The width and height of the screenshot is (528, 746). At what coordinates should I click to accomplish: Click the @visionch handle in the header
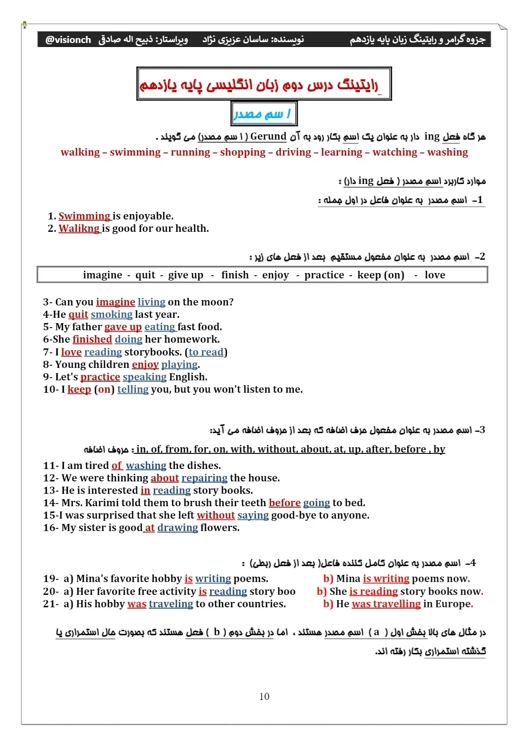click(x=68, y=40)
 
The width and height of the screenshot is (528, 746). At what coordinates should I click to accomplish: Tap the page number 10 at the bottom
click(x=264, y=696)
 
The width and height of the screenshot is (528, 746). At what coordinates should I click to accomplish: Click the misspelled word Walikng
click(x=79, y=228)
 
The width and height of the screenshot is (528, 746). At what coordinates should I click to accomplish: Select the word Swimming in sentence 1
click(x=84, y=216)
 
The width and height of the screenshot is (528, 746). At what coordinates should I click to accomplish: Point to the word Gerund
click(x=268, y=137)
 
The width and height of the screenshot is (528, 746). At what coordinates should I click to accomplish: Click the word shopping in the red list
click(x=243, y=152)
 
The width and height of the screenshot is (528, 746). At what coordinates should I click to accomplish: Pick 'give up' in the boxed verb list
click(x=185, y=275)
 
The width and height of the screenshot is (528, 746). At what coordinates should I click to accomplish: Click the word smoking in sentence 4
click(x=111, y=314)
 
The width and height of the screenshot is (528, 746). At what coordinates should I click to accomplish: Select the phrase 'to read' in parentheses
click(x=206, y=352)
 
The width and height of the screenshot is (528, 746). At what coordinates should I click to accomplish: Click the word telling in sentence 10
click(x=133, y=389)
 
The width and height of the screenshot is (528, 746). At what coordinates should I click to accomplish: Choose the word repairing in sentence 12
click(x=204, y=478)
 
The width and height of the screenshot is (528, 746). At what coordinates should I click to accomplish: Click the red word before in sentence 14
click(x=284, y=503)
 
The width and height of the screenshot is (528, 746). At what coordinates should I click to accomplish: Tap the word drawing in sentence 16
click(x=177, y=527)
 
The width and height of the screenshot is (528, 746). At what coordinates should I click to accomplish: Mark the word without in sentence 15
click(x=216, y=515)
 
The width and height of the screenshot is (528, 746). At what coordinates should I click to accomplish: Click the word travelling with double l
click(x=397, y=604)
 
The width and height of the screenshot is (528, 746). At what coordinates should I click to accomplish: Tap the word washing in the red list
click(x=448, y=152)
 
